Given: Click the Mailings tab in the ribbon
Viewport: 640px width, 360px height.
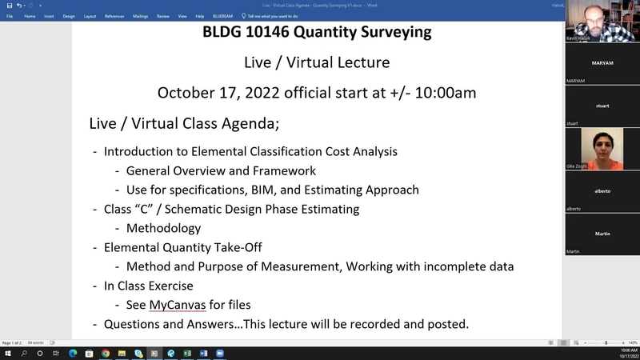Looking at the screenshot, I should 140,16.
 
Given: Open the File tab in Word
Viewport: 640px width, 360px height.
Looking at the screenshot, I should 10,16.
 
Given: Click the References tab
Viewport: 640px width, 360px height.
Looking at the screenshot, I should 114,16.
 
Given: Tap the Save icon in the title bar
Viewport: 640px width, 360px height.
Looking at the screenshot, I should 9,5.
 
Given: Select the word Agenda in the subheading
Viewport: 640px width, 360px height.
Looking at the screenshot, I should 249,124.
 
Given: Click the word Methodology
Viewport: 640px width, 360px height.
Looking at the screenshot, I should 163,228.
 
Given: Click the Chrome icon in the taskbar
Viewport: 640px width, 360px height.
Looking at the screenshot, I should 106,353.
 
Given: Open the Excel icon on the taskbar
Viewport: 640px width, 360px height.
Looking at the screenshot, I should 186,353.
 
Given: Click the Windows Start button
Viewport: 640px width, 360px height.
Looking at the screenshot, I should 7,353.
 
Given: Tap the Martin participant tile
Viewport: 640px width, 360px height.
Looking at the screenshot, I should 602,233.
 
